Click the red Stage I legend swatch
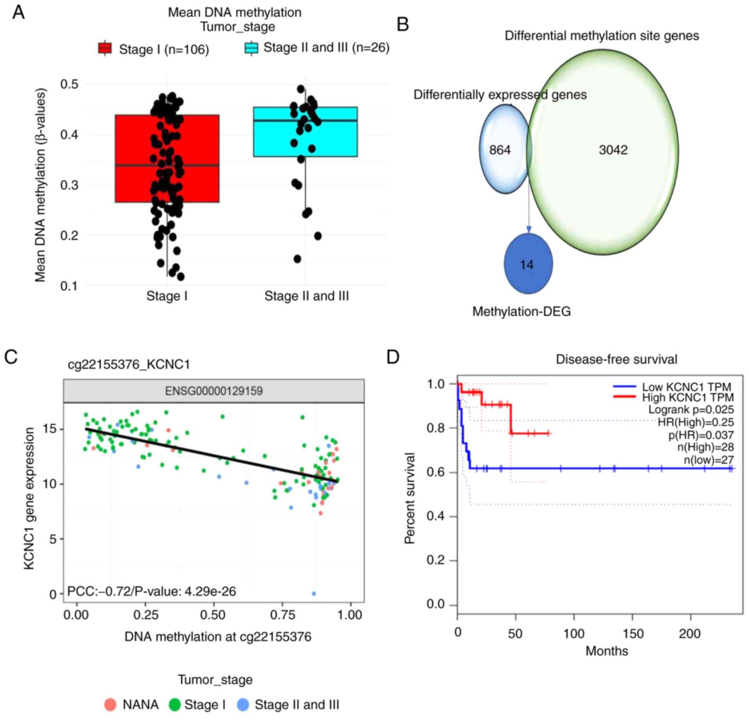click(105, 48)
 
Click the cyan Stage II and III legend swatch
click(251, 48)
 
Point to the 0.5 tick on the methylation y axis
click(69, 84)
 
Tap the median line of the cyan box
click(305, 121)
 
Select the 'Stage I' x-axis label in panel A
click(167, 296)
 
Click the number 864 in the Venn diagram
click(500, 150)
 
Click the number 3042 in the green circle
click(613, 150)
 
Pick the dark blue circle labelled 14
click(528, 264)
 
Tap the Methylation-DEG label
click(521, 311)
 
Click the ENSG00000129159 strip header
click(214, 391)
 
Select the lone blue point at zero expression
click(314, 594)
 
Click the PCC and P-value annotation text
click(152, 591)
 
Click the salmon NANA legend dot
click(110, 705)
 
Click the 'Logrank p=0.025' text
click(691, 410)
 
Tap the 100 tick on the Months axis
click(574, 634)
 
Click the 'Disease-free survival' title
click(616, 359)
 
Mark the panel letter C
click(11, 357)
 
